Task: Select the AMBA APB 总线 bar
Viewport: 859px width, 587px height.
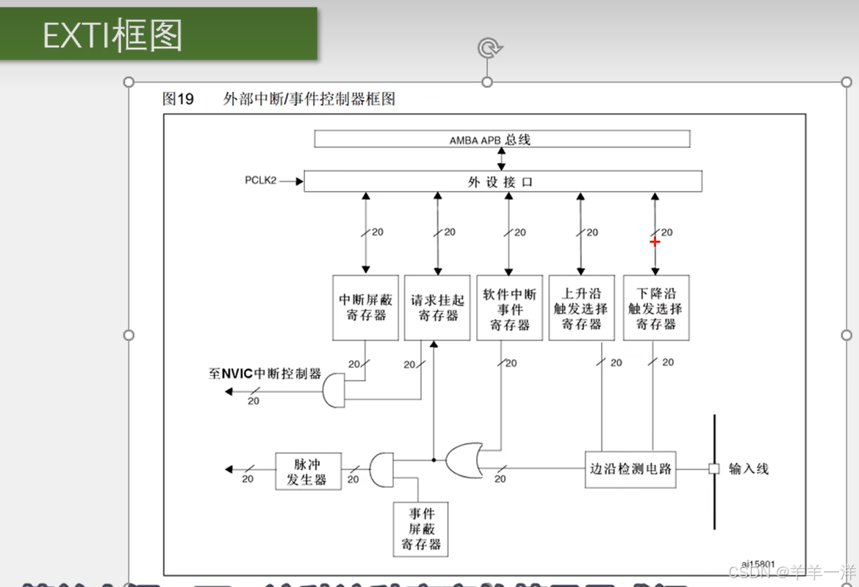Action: (x=502, y=139)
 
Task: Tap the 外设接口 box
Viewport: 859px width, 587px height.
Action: (x=503, y=181)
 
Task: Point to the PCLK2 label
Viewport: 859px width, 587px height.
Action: (x=261, y=180)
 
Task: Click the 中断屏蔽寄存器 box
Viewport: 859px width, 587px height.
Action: (x=365, y=308)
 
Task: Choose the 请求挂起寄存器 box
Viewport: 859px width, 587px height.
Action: (x=437, y=308)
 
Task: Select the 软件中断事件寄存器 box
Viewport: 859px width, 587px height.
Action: (x=509, y=308)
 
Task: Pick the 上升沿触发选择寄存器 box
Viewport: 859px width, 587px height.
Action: (x=581, y=308)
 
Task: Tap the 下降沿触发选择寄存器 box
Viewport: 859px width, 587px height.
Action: (x=655, y=308)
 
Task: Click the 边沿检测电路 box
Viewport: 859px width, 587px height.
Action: (x=631, y=469)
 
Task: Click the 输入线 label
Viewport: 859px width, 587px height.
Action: (x=748, y=469)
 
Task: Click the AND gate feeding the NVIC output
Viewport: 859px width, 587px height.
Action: (x=334, y=390)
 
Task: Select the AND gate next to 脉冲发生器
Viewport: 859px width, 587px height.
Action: (x=381, y=469)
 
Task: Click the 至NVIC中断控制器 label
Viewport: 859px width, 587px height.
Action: (x=265, y=374)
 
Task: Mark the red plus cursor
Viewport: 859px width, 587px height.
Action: (x=655, y=241)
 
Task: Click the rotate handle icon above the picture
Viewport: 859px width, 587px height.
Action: (x=487, y=49)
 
